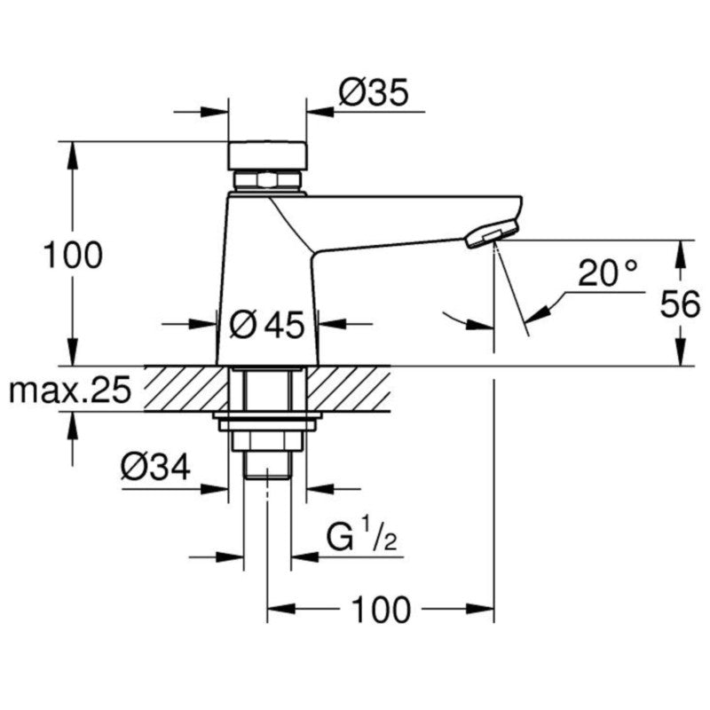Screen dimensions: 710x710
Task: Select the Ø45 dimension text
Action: point(267,325)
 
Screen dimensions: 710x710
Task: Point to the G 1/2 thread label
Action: point(355,538)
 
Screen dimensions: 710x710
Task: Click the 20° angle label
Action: point(609,272)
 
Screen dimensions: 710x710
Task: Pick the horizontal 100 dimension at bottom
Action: point(381,610)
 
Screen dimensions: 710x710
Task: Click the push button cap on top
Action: point(267,156)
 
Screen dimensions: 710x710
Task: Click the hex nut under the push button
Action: point(267,182)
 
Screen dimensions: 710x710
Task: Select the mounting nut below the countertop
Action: point(267,440)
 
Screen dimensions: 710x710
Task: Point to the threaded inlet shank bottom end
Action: point(267,466)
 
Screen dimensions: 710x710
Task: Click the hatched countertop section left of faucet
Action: point(182,388)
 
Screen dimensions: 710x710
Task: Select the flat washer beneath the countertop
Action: point(267,418)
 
